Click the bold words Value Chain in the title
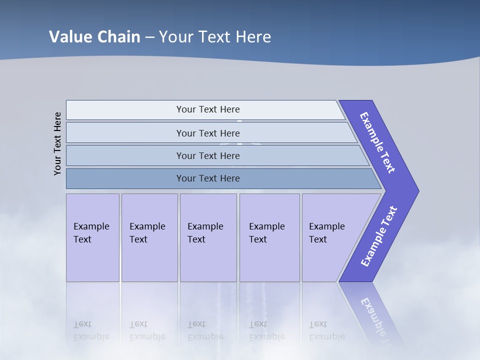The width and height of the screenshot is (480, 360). coord(94,36)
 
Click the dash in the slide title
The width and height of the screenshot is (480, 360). coord(149,37)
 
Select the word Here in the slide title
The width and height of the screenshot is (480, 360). coord(253,36)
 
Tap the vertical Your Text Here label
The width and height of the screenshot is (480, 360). coord(57,143)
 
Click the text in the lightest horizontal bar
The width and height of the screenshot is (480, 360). coord(208,109)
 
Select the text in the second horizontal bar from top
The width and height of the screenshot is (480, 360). coord(208,133)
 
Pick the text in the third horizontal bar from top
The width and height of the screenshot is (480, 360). coord(208,156)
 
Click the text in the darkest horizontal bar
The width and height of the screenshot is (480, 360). coord(208,178)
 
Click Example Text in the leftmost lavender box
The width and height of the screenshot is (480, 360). coord(91,233)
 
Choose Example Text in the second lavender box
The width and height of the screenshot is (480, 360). coord(147,233)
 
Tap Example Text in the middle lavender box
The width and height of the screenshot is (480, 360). coord(205,233)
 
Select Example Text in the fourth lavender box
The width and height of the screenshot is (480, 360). coord(266,233)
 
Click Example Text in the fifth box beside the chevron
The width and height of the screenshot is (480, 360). coord(326,233)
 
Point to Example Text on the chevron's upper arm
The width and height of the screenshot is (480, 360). coord(378,142)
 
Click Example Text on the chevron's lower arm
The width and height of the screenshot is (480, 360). coord(378,236)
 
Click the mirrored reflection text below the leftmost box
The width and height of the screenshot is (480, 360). coord(91,330)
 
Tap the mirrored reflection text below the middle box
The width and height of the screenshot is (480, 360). coord(205,330)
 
